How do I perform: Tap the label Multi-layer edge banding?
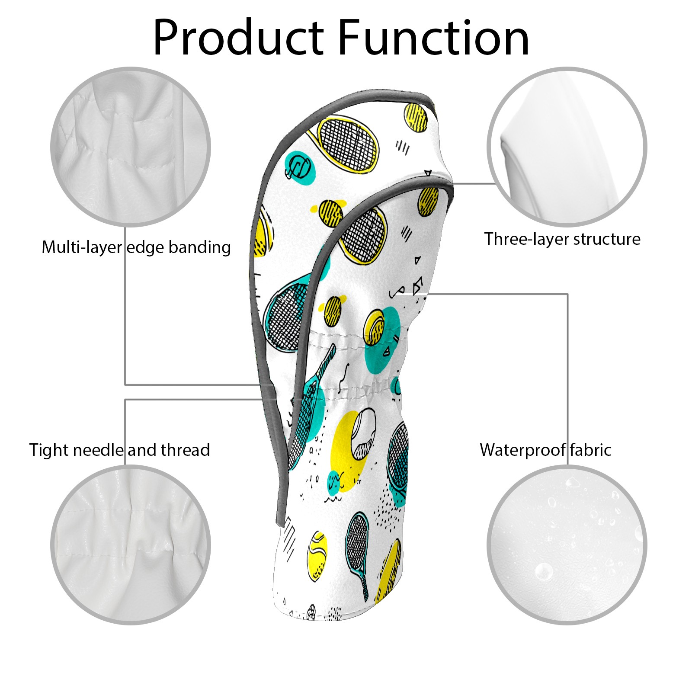point(136,247)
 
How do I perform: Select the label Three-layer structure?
point(562,239)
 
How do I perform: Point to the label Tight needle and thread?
point(119,450)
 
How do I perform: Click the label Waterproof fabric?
point(545,450)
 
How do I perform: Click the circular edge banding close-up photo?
point(131,147)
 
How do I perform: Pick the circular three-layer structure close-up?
point(567,147)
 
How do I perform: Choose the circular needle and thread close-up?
point(131,545)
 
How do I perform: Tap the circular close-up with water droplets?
point(567,545)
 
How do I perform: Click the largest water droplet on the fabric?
point(544,572)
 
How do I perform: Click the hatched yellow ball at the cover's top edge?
point(416,117)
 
